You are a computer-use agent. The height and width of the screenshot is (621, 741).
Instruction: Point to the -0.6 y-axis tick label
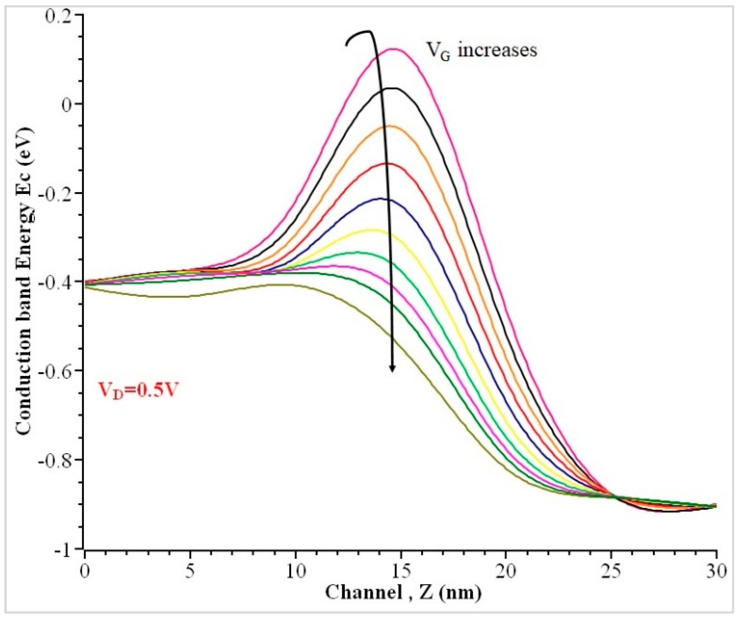click(x=56, y=371)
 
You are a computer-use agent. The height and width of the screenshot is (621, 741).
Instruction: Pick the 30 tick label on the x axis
click(x=716, y=571)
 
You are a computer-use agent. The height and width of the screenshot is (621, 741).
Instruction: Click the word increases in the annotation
click(x=498, y=50)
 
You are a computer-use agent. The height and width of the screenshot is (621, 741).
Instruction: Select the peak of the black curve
click(x=392, y=88)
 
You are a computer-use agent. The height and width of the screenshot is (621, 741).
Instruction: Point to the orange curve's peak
click(x=388, y=126)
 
